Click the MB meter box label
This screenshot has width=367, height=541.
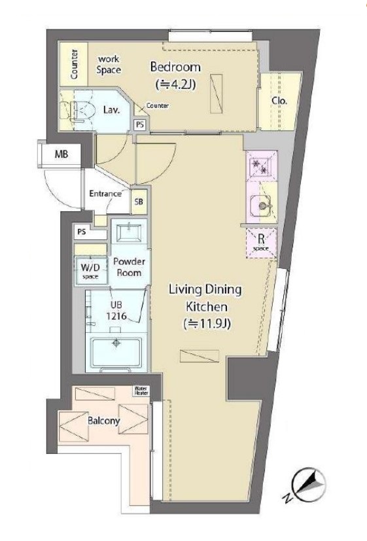click(61, 154)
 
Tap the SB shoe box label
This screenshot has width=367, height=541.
click(139, 201)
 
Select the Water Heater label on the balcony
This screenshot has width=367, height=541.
click(141, 391)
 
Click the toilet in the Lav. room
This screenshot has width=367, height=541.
click(82, 111)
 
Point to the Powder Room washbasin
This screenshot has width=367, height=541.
click(129, 234)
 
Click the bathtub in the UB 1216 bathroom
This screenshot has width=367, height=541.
click(116, 353)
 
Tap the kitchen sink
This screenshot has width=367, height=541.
click(261, 206)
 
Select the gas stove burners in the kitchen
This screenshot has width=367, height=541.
click(261, 166)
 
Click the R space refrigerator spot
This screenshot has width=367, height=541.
click(261, 243)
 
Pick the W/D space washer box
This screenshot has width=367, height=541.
click(90, 270)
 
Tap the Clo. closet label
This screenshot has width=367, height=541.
click(279, 101)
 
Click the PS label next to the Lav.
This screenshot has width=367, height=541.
click(140, 124)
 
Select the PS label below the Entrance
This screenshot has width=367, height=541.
click(81, 232)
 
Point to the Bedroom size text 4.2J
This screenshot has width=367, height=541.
click(176, 84)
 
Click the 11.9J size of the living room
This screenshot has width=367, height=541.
click(206, 324)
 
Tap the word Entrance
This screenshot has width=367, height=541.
click(105, 194)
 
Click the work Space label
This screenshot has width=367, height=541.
click(109, 65)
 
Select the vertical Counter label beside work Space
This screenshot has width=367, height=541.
click(74, 64)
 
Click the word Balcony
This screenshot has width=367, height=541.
click(103, 421)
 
